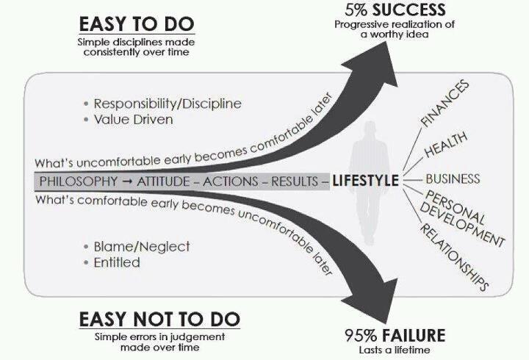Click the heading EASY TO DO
tap(137, 24)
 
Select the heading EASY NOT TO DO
tap(159, 319)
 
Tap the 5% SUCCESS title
tap(395, 10)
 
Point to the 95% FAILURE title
tap(395, 335)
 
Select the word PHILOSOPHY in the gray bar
tap(79, 181)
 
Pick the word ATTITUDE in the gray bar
tap(163, 181)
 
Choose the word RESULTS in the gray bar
tap(295, 181)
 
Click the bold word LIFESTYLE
tap(365, 181)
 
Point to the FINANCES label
tap(445, 104)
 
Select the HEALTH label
tap(446, 144)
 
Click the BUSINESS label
tap(453, 179)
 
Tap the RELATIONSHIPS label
tap(454, 257)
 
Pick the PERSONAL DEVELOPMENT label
tap(463, 218)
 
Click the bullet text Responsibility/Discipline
tap(168, 104)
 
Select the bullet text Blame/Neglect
tap(142, 247)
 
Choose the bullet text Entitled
tap(117, 262)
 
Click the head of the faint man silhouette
tap(370, 129)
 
